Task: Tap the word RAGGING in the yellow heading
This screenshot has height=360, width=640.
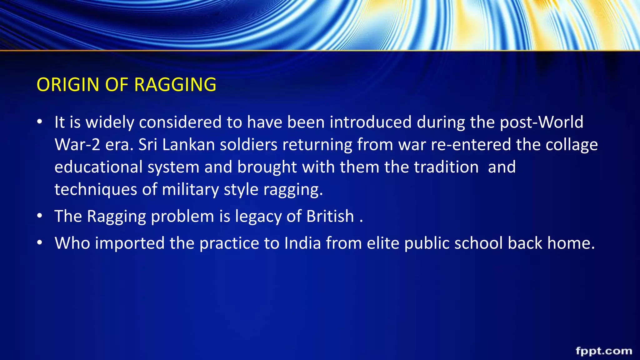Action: (175, 85)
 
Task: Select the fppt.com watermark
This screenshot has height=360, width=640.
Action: (604, 351)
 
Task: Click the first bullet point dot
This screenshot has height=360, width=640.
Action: (39, 122)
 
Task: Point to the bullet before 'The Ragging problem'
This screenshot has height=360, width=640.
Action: (39, 216)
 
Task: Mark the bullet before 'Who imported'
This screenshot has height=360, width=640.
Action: (39, 243)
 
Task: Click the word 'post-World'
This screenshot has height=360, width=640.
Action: (542, 122)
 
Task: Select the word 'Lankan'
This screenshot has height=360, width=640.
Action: (189, 145)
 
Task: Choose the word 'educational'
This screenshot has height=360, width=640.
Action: (98, 167)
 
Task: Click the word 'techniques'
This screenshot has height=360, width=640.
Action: (96, 190)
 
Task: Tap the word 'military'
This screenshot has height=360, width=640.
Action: (190, 190)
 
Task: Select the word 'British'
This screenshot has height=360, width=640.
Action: (330, 216)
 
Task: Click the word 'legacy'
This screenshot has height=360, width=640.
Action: (258, 216)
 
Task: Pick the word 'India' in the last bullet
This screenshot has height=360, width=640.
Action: (302, 243)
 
